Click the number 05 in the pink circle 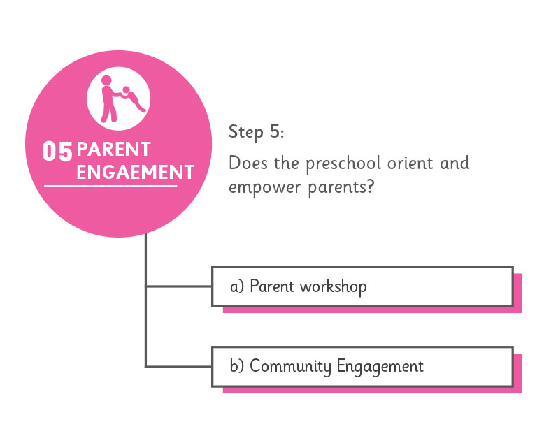tap(57, 152)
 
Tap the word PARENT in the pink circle tap(113, 150)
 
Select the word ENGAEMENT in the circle tap(136, 173)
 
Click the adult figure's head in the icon tap(106, 80)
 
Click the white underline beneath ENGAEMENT tap(110, 186)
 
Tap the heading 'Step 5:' tap(256, 133)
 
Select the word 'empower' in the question tap(265, 187)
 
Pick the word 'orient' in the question tap(410, 163)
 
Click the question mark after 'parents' tap(371, 187)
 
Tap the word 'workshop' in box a tap(333, 286)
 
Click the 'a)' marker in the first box tap(237, 286)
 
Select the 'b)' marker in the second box tap(237, 365)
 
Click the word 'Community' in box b tap(290, 366)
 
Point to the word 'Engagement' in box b tap(380, 367)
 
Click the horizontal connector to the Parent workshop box tap(179, 286)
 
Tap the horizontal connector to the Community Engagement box tap(179, 366)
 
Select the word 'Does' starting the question tap(248, 163)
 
